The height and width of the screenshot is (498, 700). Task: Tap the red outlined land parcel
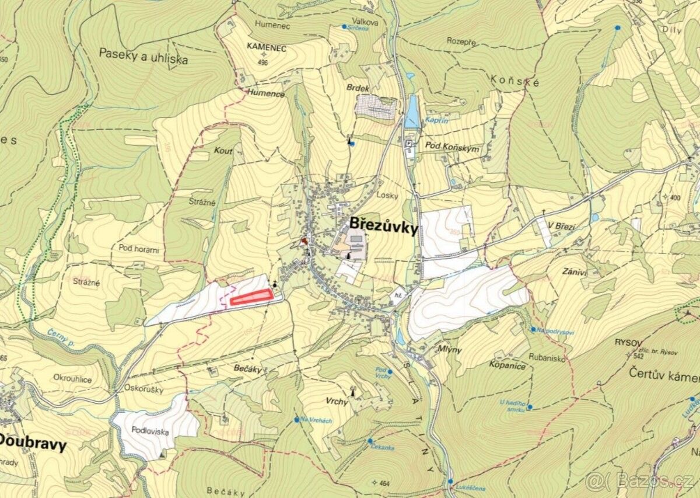pyautogui.click(x=251, y=297)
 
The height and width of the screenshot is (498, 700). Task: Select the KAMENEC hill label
pyautogui.click(x=266, y=48)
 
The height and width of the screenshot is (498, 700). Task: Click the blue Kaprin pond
pyautogui.click(x=412, y=110)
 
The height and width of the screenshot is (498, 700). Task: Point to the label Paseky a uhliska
pyautogui.click(x=143, y=56)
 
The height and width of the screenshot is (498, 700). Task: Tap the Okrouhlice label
pyautogui.click(x=72, y=378)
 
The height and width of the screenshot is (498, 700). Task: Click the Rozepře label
pyautogui.click(x=462, y=41)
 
